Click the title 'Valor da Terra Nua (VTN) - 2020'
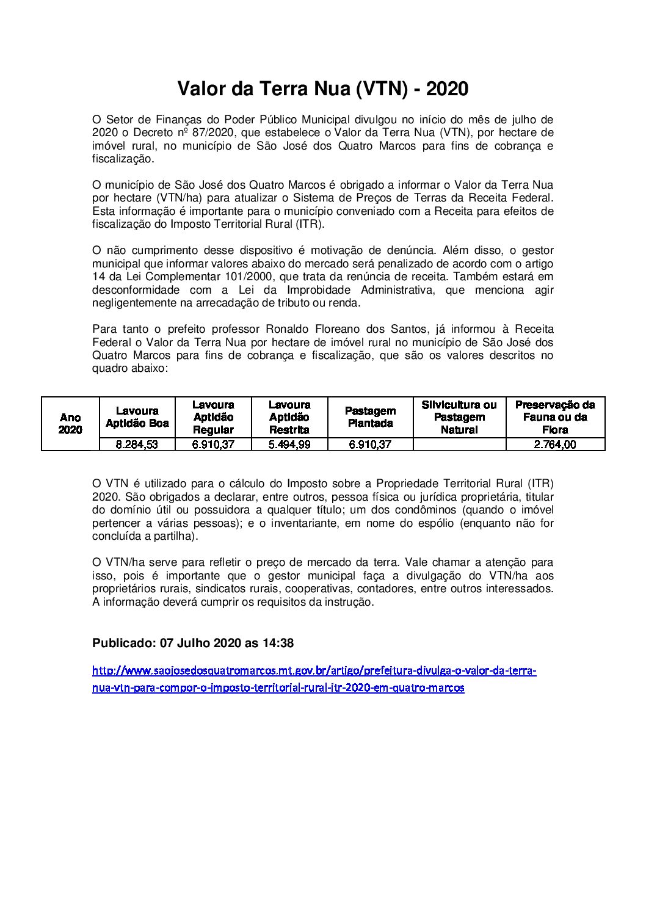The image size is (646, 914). click(322, 89)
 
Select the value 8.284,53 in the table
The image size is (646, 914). click(137, 444)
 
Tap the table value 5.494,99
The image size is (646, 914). click(289, 444)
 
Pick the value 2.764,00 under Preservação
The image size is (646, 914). click(554, 444)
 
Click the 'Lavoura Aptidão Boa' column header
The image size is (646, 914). click(137, 417)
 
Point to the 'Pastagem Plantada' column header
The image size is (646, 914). click(369, 417)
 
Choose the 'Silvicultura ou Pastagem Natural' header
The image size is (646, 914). click(459, 417)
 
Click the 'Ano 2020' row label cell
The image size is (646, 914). click(70, 424)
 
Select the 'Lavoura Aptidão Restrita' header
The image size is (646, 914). click(289, 417)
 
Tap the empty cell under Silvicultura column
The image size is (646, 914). click(459, 444)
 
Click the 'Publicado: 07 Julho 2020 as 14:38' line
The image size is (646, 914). click(193, 643)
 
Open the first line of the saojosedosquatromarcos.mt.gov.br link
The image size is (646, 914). click(314, 670)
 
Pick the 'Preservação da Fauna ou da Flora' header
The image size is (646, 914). click(554, 417)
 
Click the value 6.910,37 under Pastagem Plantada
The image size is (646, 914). click(369, 444)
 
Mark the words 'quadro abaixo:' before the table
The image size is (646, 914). click(129, 369)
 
